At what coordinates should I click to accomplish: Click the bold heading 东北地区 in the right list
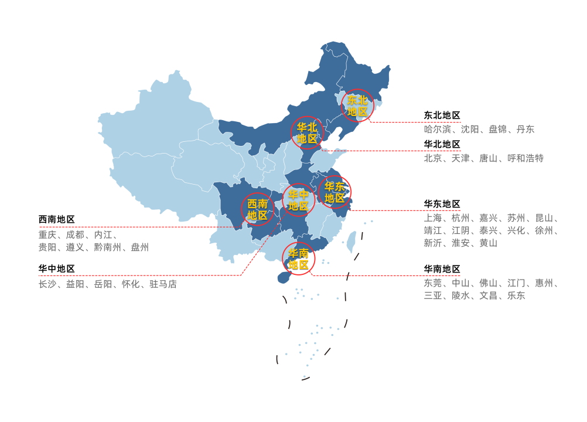(x=442, y=115)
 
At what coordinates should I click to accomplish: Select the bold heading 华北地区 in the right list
(x=442, y=144)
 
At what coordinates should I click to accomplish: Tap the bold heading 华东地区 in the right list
(x=442, y=204)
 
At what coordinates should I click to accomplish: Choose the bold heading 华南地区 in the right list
(x=442, y=269)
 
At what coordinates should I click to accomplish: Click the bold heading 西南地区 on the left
(x=56, y=219)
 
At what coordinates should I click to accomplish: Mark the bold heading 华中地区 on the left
(x=56, y=268)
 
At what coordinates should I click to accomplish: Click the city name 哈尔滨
(x=437, y=129)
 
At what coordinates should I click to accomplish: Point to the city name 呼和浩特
(x=525, y=158)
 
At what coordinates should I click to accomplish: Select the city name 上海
(x=433, y=218)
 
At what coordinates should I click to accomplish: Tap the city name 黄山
(x=489, y=243)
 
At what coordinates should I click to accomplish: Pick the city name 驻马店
(x=163, y=284)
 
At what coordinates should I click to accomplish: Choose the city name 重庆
(x=47, y=235)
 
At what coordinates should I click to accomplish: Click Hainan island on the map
(x=284, y=277)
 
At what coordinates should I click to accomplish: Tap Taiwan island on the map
(x=351, y=241)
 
